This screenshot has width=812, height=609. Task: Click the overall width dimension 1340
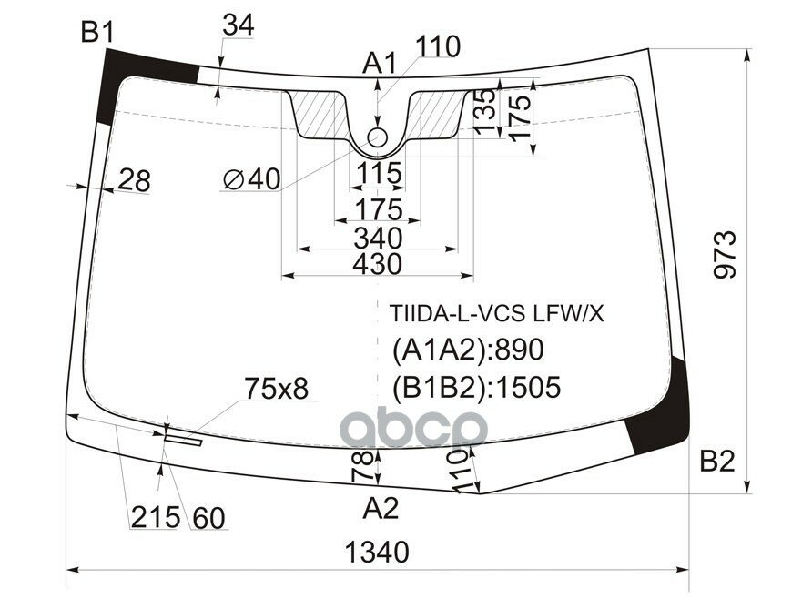(377, 552)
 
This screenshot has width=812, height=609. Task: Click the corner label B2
(716, 462)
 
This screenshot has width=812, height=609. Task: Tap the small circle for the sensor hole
(378, 138)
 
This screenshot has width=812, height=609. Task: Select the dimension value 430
(377, 264)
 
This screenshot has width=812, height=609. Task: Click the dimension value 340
(377, 239)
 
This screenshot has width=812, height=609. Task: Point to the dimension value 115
(378, 172)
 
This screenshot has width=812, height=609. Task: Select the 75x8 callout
(276, 390)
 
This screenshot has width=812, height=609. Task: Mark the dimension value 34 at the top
(238, 27)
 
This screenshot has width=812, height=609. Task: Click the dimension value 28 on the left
(134, 182)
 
